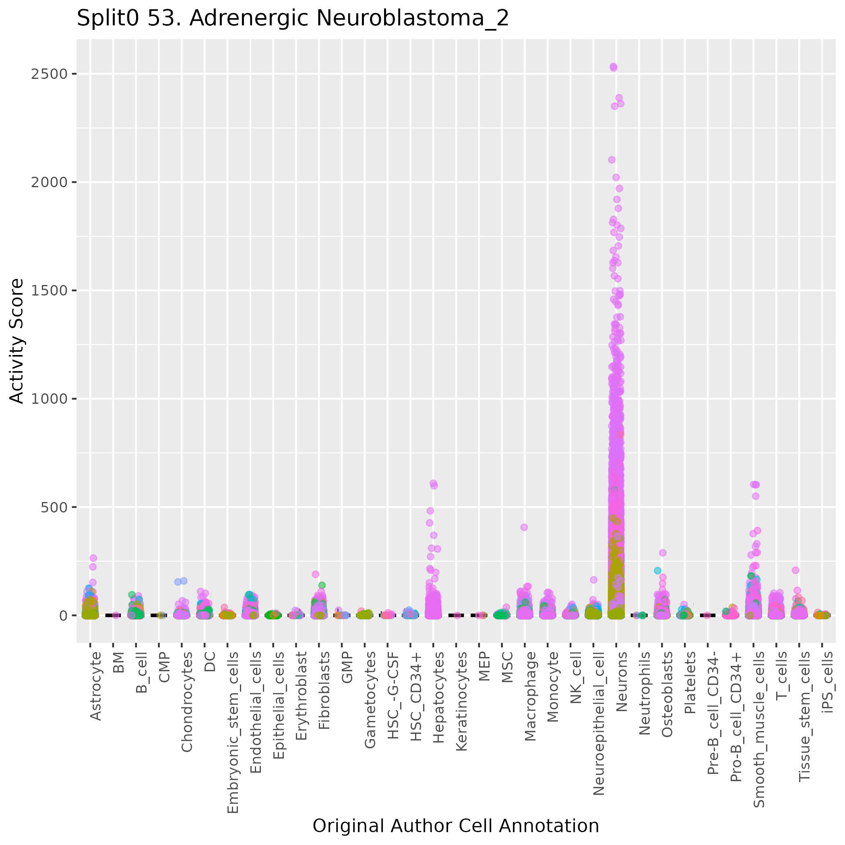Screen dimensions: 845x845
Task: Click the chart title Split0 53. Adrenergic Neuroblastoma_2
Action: [x=293, y=19]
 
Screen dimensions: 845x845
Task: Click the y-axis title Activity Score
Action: [x=17, y=341]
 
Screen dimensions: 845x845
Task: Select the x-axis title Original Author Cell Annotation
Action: [x=456, y=826]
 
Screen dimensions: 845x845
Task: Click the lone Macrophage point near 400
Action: [x=524, y=527]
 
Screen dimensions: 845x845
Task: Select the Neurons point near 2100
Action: [x=612, y=160]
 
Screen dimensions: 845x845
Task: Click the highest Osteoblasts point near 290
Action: [x=663, y=553]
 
